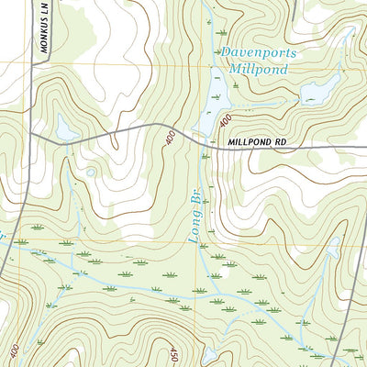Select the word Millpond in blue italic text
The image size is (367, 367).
pos(257,69)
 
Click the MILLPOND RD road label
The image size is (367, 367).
pos(253,144)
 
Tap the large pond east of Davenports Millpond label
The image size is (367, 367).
pos(321,90)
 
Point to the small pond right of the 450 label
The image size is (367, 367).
pos(210,352)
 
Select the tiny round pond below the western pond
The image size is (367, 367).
pos(91,171)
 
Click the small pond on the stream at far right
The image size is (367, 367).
pos(334,246)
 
